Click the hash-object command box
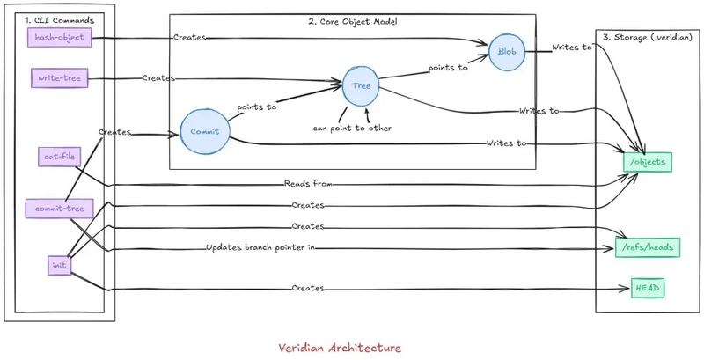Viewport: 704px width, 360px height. (x=59, y=37)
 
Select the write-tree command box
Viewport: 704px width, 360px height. (x=59, y=78)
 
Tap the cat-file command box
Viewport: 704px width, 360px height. (x=59, y=157)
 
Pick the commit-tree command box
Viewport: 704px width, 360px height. (x=59, y=209)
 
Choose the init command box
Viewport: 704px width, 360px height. (x=59, y=265)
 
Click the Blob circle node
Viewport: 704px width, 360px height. (x=507, y=52)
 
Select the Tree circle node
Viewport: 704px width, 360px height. (x=361, y=85)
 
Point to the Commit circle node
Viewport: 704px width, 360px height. (x=205, y=131)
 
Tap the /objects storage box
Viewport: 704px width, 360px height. (x=648, y=162)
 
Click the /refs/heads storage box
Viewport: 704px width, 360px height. (x=648, y=247)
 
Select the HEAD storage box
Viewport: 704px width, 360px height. (x=648, y=288)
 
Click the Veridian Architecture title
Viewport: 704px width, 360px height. (x=340, y=348)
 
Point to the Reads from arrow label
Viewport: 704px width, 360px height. (x=308, y=184)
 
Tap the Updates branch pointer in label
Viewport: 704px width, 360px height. (x=260, y=247)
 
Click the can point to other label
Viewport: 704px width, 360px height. (x=353, y=128)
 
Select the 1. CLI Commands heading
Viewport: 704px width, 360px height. (x=60, y=20)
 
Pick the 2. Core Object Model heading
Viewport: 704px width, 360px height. (x=353, y=21)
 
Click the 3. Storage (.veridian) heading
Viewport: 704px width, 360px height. (x=647, y=38)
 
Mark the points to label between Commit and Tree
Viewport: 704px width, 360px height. (x=257, y=107)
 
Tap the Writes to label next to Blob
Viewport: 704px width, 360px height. (x=572, y=47)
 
